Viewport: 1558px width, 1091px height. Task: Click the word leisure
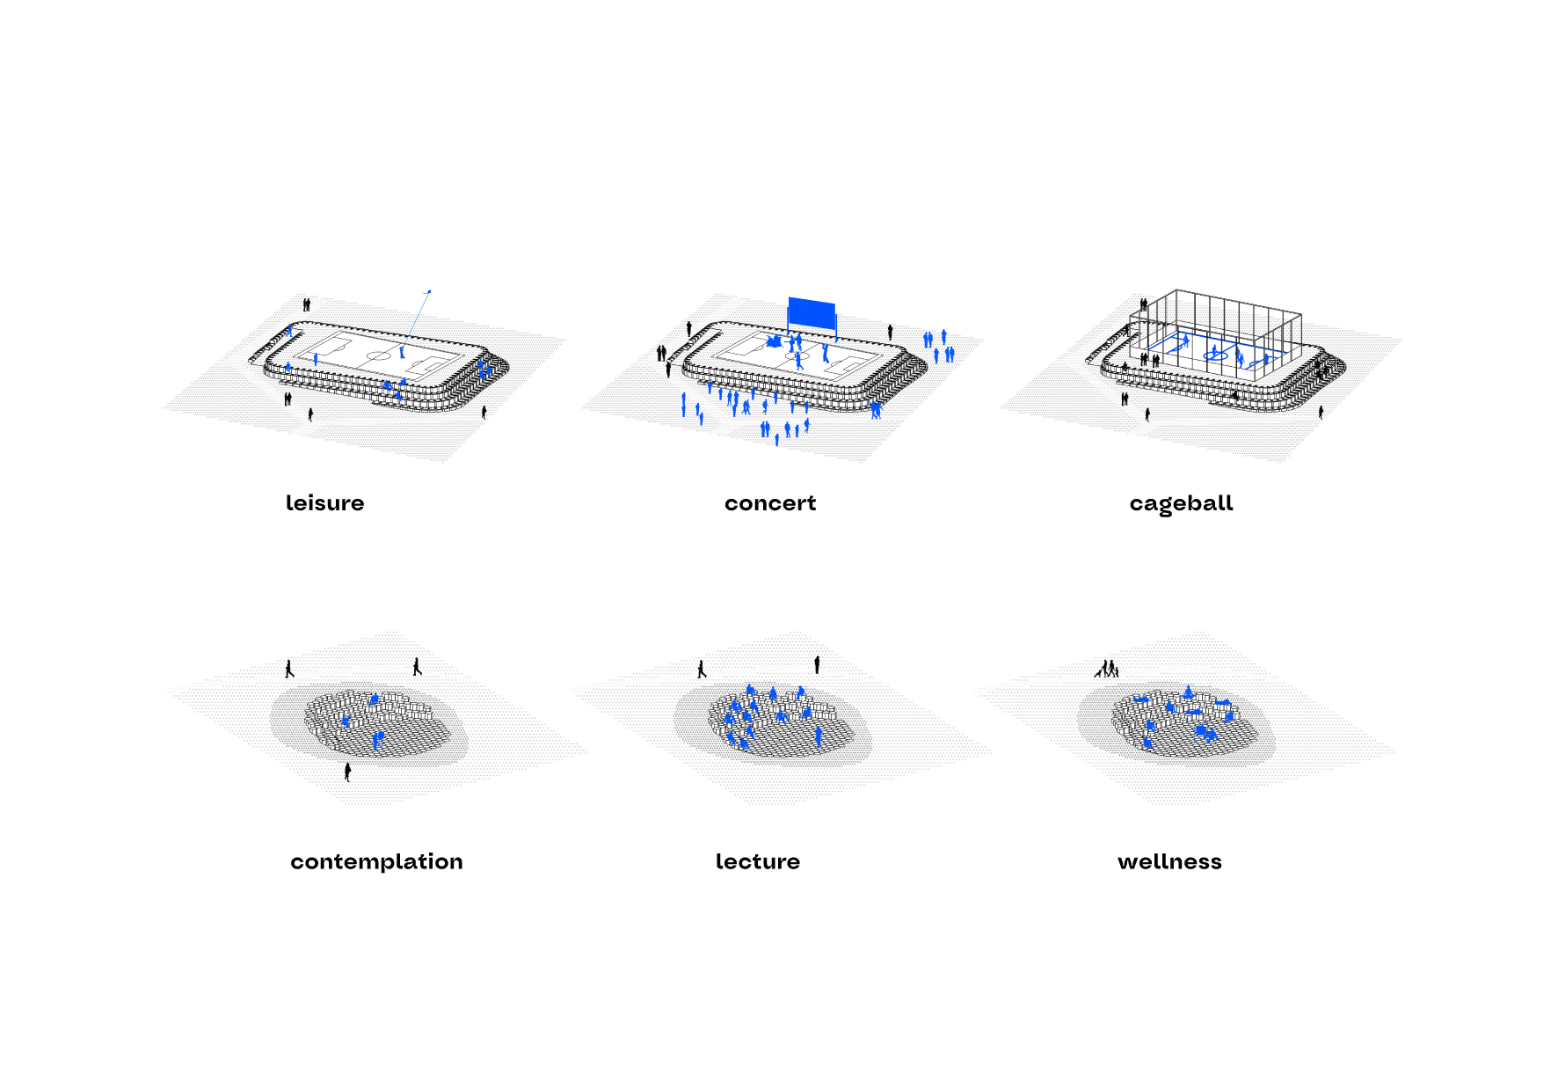pos(324,502)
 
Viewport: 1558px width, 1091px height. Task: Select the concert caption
pos(770,503)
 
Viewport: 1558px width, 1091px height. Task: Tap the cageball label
pos(1181,504)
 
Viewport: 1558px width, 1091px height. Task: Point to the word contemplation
pos(376,861)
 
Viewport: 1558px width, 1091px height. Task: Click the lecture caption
pos(758,861)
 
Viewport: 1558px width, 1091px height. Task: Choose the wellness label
pos(1169,861)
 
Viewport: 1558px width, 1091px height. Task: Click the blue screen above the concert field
pos(812,313)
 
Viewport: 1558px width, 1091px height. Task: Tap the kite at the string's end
pos(429,291)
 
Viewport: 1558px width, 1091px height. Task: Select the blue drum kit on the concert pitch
pos(774,341)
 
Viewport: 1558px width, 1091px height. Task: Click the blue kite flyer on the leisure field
pos(402,351)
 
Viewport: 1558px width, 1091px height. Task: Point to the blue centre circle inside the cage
pos(1215,355)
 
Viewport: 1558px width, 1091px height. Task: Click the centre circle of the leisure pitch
pos(379,355)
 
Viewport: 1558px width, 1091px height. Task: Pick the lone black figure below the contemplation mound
pos(347,772)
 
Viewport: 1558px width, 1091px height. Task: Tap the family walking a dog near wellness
pos(1107,669)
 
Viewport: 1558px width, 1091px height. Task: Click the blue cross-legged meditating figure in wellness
pos(1188,692)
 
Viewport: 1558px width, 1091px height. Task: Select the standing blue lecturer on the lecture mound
pos(819,736)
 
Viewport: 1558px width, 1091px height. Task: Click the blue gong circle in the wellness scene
pos(1203,730)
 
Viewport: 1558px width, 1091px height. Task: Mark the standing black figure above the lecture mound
pos(817,664)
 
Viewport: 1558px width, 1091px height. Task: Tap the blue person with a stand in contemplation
pos(378,739)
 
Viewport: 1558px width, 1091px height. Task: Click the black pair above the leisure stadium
pos(307,304)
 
